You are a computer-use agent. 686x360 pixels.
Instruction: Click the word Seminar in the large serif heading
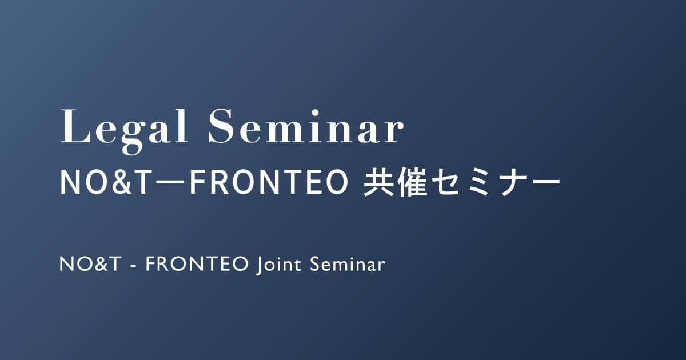coord(306,126)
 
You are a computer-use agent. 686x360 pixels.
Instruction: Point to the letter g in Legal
coord(133,137)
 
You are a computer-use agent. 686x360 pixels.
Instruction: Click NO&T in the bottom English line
coord(90,264)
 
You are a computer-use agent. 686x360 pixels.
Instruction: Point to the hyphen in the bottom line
coord(133,266)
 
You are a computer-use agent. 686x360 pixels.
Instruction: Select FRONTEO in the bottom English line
coord(197,264)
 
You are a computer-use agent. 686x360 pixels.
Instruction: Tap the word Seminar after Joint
coord(348,264)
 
